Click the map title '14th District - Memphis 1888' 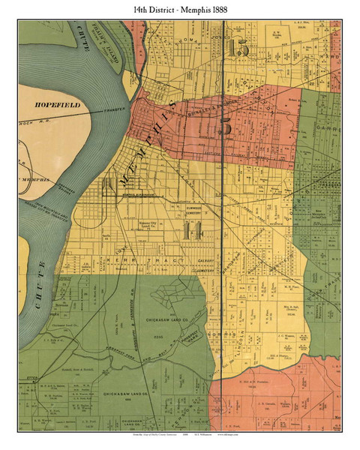click(x=180, y=8)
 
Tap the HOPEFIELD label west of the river click(x=59, y=98)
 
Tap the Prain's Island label click(x=114, y=54)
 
